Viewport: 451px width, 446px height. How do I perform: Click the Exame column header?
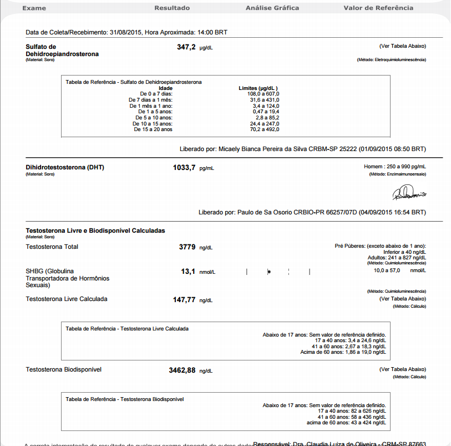point(33,8)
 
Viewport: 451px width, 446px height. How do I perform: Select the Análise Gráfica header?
point(272,8)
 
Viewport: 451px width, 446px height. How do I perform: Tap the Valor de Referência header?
point(378,8)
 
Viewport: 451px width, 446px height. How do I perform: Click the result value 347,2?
point(186,48)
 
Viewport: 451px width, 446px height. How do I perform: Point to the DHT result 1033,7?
point(184,167)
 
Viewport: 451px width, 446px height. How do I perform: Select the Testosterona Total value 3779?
point(187,247)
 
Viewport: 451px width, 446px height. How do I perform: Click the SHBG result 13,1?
point(189,272)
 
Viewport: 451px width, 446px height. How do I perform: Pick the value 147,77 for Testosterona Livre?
point(184,299)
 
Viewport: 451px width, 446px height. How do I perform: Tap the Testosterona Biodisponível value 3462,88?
point(182,370)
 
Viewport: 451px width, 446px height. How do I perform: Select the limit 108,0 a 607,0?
point(263,94)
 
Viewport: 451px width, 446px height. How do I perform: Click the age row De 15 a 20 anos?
point(153,129)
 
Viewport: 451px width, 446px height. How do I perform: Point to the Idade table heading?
point(165,88)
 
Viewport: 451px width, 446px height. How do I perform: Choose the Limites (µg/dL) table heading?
point(257,88)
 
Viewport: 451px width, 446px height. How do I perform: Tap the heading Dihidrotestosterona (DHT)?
point(65,167)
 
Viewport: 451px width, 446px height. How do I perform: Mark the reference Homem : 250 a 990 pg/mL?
point(394,167)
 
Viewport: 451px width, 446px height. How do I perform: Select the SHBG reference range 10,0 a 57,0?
point(386,270)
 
